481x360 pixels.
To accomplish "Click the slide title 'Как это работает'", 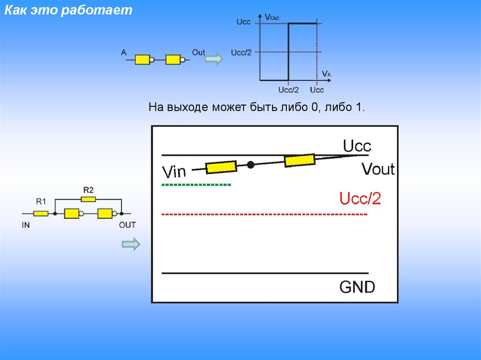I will point(69,11).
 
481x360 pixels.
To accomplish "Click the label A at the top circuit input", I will point(124,53).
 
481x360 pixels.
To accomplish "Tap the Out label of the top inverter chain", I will point(198,53).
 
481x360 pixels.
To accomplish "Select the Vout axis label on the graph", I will point(272,17).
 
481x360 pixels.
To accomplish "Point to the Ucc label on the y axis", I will point(243,22).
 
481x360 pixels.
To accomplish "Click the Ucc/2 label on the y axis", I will point(241,52).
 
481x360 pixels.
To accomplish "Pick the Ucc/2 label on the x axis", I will point(288,90).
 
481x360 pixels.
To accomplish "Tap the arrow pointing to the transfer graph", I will point(214,59).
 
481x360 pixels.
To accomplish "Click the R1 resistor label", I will point(41,202).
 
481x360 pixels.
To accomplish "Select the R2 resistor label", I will point(88,190).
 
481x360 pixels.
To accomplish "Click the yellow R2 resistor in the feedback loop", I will point(88,199).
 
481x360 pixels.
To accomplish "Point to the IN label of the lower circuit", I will point(26,225).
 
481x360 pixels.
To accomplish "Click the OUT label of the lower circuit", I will point(127,225).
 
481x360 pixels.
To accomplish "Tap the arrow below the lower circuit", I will point(131,244).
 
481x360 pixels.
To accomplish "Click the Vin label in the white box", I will point(174,172).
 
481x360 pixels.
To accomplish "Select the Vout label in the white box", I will point(378,169).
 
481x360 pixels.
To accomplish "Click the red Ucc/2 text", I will point(360,199).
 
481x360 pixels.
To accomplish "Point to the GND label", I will point(357,287).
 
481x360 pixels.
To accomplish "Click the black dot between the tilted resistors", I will point(251,164).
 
